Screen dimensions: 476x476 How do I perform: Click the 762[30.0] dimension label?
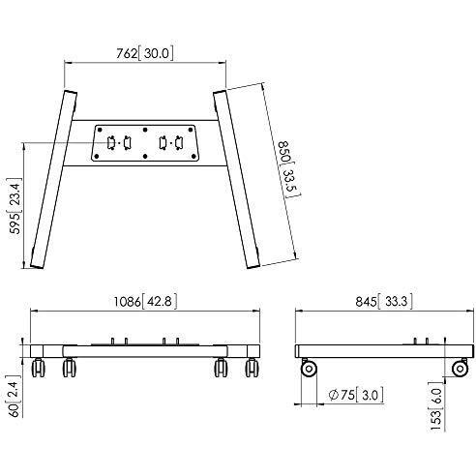[145, 53]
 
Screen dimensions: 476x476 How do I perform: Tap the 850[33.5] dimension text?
[287, 169]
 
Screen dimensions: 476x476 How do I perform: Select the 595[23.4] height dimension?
[15, 206]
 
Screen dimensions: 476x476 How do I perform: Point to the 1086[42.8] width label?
[145, 302]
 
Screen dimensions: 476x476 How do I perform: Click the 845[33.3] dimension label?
[384, 302]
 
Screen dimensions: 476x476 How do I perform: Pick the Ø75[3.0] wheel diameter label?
[356, 395]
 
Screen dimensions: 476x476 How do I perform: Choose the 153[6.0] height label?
[435, 406]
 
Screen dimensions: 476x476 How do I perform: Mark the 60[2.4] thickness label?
[15, 396]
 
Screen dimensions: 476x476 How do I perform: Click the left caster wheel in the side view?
[309, 369]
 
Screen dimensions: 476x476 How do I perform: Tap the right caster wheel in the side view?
[461, 369]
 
